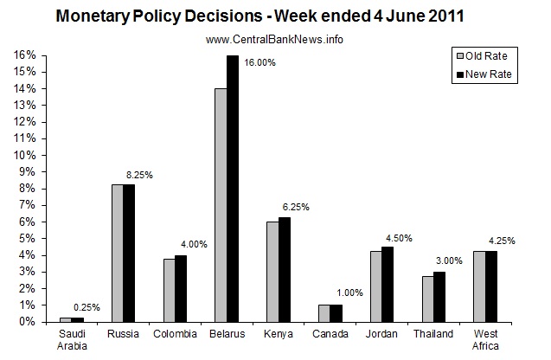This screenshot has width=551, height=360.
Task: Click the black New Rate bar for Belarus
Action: click(233, 189)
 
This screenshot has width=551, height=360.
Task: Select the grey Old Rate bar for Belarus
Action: click(221, 205)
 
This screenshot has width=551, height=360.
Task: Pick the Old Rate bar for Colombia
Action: click(168, 290)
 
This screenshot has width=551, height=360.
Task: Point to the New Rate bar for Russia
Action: click(129, 253)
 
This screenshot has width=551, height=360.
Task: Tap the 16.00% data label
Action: click(260, 62)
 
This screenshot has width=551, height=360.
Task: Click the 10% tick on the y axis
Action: click(23, 155)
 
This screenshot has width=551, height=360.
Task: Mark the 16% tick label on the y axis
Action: click(23, 55)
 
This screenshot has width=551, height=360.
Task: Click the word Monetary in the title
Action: click(93, 16)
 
